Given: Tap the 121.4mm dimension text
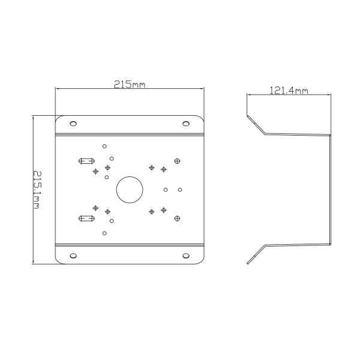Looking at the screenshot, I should tap(289, 91).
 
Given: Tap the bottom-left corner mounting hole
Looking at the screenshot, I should tap(73, 256).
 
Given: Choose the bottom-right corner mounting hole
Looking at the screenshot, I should tap(186, 256).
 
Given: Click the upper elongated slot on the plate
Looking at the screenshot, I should tap(88, 161).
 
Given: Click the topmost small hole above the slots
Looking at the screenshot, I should tap(104, 145).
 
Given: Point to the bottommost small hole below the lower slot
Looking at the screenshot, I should tap(104, 232).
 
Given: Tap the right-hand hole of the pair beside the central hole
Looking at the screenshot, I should tap(179, 190).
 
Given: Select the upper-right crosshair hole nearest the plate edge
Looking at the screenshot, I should tap(176, 161).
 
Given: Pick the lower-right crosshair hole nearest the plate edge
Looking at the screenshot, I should tap(176, 217).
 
